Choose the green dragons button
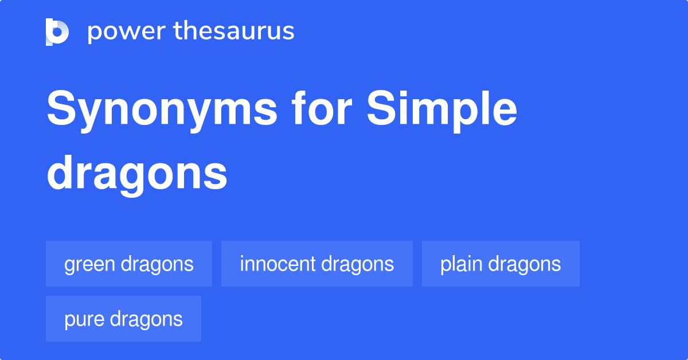pyautogui.click(x=129, y=264)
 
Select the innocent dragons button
pyautogui.click(x=317, y=264)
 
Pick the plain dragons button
pyautogui.click(x=501, y=264)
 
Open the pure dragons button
pyautogui.click(x=123, y=319)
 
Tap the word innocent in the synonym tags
pyautogui.click(x=277, y=264)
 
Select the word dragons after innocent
pyautogui.click(x=358, y=264)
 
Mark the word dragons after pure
pyautogui.click(x=146, y=319)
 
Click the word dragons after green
pyautogui.click(x=157, y=264)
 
